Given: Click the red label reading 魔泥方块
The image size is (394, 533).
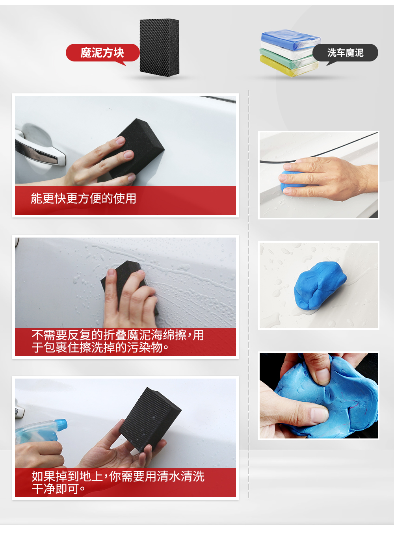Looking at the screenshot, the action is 102,53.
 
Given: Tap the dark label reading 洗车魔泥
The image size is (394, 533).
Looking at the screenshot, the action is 345,53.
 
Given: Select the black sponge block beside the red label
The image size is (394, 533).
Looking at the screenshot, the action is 160,48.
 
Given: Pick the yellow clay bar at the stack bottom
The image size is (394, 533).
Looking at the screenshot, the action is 288,66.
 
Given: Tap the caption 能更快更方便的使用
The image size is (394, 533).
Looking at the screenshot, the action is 84,199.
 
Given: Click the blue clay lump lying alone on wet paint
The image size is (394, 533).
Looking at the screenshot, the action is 320,286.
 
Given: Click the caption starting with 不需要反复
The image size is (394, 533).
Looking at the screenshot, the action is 118,341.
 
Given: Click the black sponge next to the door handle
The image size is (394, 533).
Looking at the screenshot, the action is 135,149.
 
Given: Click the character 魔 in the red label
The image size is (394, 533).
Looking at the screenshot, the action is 85,53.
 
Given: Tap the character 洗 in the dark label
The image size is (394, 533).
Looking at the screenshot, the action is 332,53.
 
